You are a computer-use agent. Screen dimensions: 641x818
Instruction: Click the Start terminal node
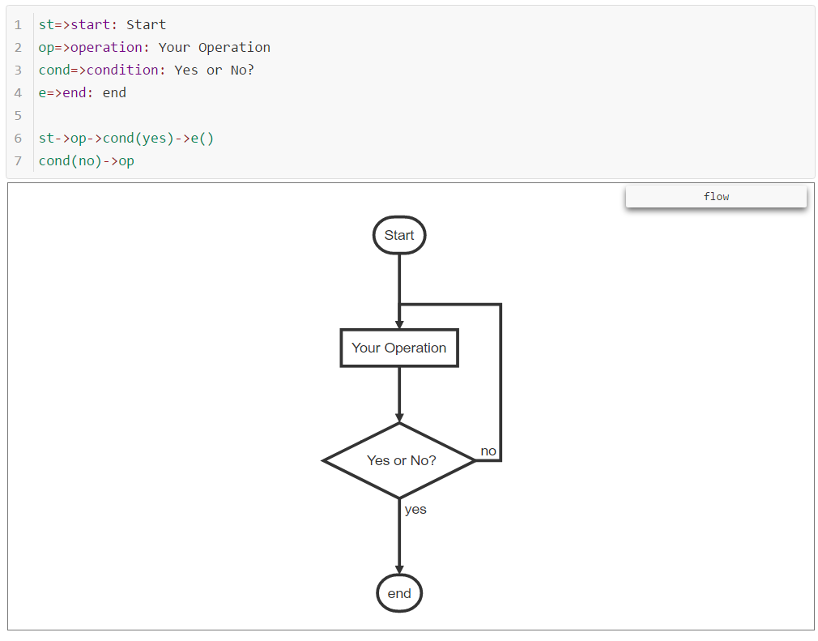tap(398, 235)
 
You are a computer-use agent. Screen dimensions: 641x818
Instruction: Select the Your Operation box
tap(398, 348)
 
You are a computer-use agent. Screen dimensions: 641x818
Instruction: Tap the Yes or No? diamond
tap(398, 460)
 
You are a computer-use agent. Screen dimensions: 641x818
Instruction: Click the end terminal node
tap(399, 593)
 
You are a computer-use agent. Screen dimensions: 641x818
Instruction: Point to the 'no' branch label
tap(488, 451)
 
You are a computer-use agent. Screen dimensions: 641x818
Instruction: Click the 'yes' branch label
tap(415, 509)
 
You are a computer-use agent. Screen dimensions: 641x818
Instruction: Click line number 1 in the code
tap(18, 24)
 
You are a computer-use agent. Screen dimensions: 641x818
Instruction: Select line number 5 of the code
tap(18, 115)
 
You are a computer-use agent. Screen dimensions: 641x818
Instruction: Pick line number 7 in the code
tap(18, 160)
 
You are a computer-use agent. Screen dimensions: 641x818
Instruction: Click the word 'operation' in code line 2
tap(106, 47)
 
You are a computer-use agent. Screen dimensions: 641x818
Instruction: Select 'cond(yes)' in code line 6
tap(138, 138)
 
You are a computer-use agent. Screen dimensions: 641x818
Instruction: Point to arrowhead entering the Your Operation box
tap(399, 324)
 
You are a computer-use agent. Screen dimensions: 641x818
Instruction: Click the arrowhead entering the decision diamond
tap(399, 417)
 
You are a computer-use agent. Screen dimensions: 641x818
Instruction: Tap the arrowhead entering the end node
tap(399, 570)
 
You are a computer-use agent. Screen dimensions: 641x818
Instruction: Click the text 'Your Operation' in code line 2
tap(215, 47)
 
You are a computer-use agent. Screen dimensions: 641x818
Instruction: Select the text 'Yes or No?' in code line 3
tap(215, 70)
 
